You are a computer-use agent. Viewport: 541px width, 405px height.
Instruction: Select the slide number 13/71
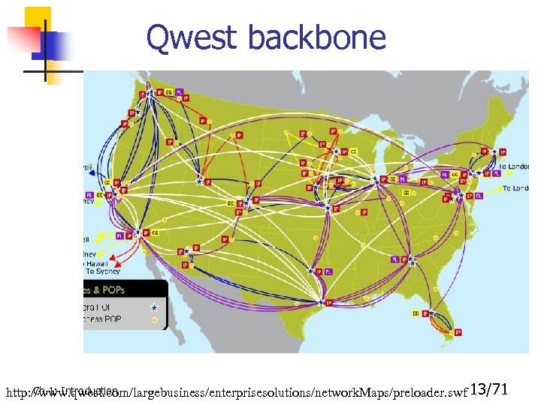pos(490,389)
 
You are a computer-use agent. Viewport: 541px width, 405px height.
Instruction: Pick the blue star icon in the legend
pos(154,307)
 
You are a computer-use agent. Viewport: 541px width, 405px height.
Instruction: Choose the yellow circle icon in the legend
pos(154,319)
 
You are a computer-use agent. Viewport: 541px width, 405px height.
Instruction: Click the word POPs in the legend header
pos(110,289)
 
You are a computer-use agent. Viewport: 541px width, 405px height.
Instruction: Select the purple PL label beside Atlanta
pos(395,259)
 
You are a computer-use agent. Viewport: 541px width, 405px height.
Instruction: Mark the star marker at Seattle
pos(151,93)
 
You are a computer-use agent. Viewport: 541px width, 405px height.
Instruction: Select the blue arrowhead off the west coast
pos(90,172)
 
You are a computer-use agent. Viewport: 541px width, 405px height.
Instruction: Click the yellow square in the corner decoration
pos(38,19)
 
